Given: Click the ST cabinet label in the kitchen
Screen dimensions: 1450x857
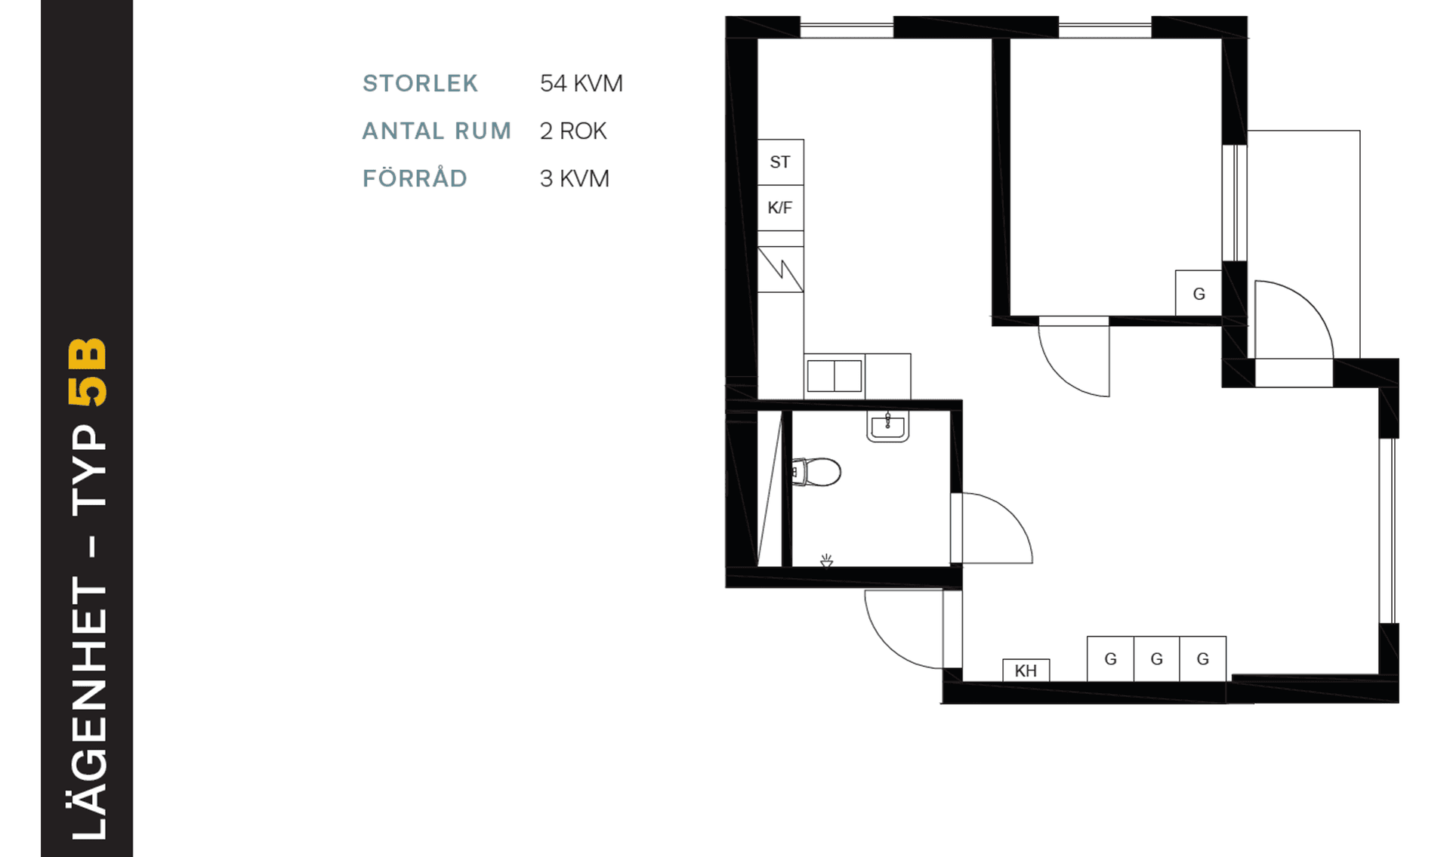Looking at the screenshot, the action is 780,162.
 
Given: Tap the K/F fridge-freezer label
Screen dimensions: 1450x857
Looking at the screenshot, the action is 780,208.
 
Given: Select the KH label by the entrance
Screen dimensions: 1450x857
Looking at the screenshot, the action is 1026,670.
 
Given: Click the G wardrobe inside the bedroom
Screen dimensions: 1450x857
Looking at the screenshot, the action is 1199,293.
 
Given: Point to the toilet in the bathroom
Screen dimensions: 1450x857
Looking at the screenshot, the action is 816,472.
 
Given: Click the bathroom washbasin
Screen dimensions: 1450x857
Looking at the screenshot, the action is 887,427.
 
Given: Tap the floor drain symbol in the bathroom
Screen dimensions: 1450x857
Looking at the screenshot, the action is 827,560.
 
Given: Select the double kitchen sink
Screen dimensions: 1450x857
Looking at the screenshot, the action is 835,375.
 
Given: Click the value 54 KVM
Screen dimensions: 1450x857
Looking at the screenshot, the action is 582,83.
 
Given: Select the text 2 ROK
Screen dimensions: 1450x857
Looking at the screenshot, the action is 573,131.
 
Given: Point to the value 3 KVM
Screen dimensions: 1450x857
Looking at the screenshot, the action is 575,178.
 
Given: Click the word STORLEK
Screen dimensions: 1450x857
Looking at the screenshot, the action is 420,83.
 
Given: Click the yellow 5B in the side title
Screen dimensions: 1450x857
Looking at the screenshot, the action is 88,371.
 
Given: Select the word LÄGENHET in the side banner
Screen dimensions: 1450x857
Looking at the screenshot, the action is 89,710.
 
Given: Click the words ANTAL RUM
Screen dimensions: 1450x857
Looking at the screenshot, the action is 437,131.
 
